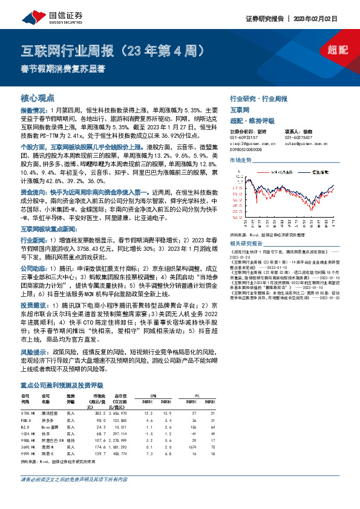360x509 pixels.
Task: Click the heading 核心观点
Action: click(x=38, y=97)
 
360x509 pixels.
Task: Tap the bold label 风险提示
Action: click(x=30, y=351)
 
